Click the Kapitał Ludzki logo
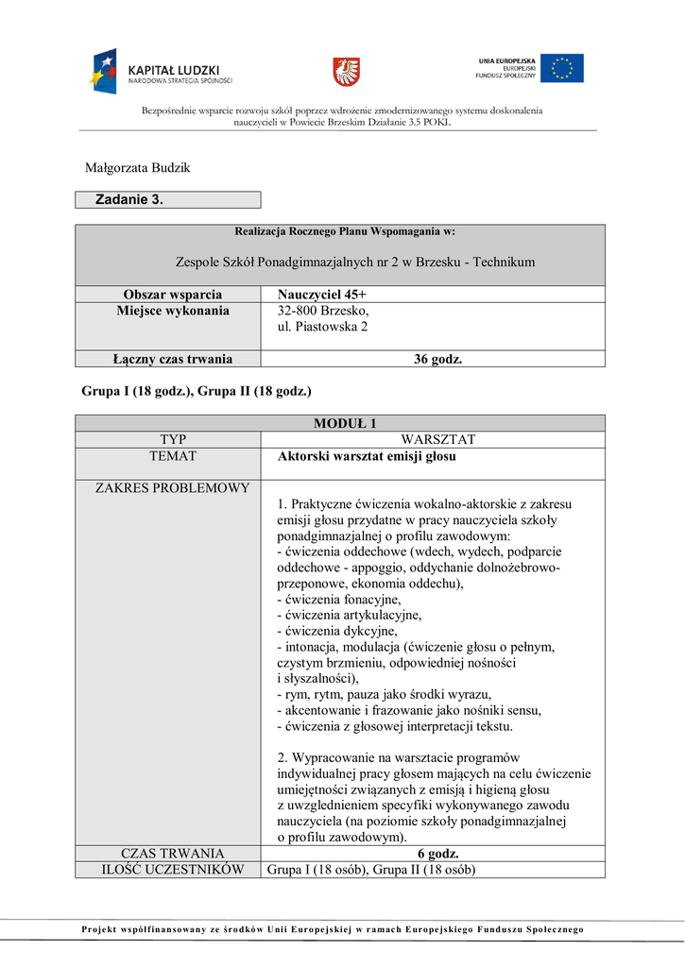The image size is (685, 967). pyautogui.click(x=161, y=71)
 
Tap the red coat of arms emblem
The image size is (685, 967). pyautogui.click(x=346, y=71)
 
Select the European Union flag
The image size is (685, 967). pyautogui.click(x=561, y=68)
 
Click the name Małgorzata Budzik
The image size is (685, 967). pyautogui.click(x=139, y=168)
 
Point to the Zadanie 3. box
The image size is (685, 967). pyautogui.click(x=168, y=199)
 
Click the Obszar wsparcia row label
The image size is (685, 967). pyautogui.click(x=168, y=294)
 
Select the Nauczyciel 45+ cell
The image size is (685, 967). pyautogui.click(x=321, y=294)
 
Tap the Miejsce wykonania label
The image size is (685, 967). pyautogui.click(x=168, y=311)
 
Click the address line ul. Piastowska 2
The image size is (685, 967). pyautogui.click(x=322, y=327)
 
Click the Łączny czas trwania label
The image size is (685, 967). pyautogui.click(x=168, y=358)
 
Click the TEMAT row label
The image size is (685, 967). pyautogui.click(x=168, y=456)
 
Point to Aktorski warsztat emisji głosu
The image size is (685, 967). pyautogui.click(x=367, y=456)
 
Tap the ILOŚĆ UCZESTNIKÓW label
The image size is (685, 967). pyautogui.click(x=168, y=869)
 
